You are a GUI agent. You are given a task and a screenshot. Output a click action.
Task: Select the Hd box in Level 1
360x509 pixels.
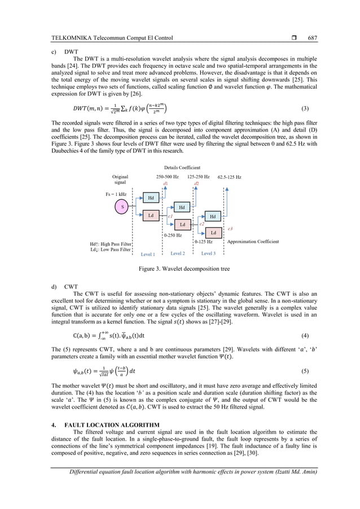point(151,198)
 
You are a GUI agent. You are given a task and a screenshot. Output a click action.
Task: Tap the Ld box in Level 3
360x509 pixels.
point(213,232)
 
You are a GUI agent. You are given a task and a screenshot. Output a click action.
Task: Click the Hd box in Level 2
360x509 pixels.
point(182,208)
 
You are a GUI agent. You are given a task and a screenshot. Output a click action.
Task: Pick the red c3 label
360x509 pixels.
point(230,229)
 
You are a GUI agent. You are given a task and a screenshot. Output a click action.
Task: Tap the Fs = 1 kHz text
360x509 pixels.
point(116,194)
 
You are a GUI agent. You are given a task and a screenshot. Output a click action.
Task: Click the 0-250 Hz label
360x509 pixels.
point(173,235)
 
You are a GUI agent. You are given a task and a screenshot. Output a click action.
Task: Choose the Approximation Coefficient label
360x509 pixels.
point(253,241)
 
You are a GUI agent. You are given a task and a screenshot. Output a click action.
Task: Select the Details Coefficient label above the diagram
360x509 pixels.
point(182,168)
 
